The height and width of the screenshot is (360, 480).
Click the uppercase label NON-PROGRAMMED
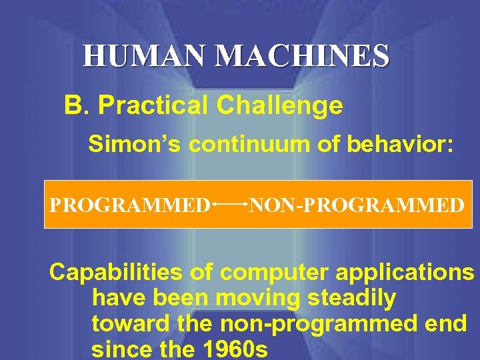pyautogui.click(x=356, y=204)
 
